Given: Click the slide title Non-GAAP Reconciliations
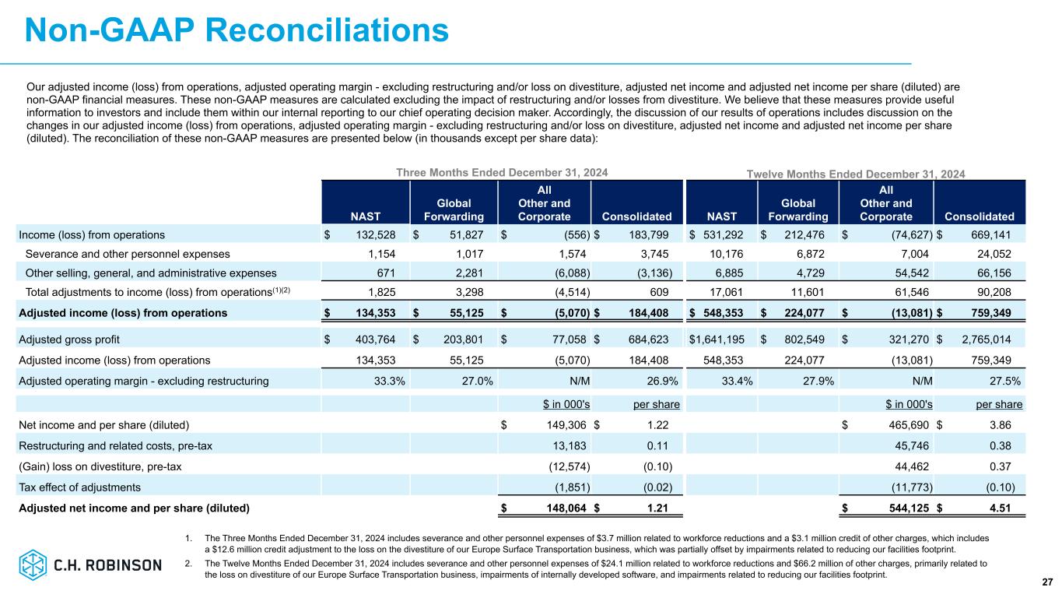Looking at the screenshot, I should point(237,30).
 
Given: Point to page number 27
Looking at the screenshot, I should point(1046,582).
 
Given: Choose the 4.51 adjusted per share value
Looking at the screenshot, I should point(1008,508).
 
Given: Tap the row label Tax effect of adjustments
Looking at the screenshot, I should point(79,487).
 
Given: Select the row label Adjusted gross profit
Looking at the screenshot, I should point(69,339).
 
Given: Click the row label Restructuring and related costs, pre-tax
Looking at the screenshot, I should point(115,445).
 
